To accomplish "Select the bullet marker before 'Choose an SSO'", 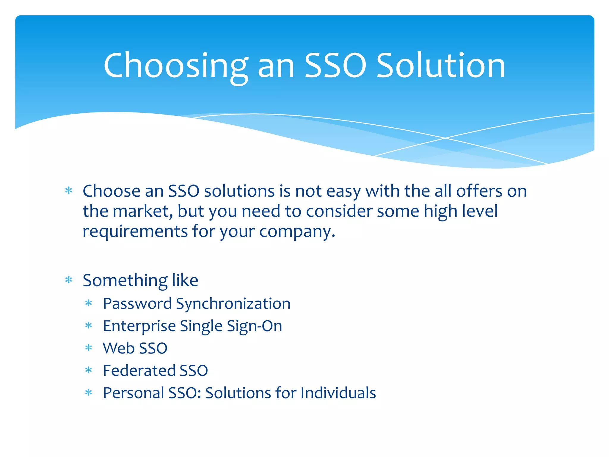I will [x=69, y=191].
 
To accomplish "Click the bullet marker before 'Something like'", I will [x=69, y=280].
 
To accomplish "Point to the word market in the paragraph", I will [x=142, y=211].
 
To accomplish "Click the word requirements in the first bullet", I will [x=135, y=231].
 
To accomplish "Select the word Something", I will [x=125, y=280].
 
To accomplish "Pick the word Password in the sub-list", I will [x=137, y=304].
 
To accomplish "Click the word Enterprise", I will [x=139, y=326].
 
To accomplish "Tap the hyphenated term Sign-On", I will [x=254, y=326].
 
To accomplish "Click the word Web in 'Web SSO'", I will [x=118, y=348].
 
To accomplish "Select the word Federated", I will [x=139, y=370].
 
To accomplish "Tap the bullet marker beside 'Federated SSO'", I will [x=89, y=370].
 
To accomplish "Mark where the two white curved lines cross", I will [x=445, y=138].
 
